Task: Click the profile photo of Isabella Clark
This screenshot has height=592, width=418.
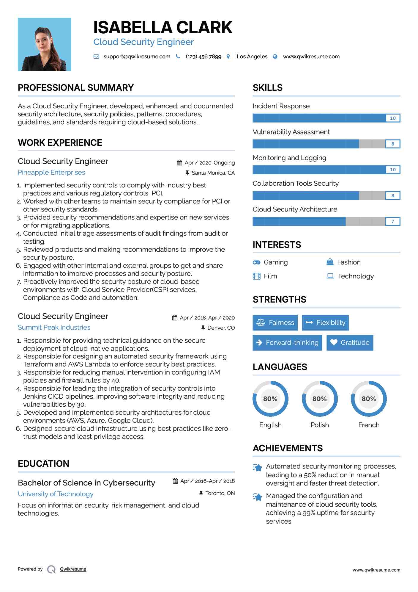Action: pyautogui.click(x=45, y=44)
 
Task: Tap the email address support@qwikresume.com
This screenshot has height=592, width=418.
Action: pyautogui.click(x=137, y=57)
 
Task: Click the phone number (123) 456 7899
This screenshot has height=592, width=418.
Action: pyautogui.click(x=203, y=57)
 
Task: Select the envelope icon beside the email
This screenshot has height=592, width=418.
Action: pyautogui.click(x=96, y=57)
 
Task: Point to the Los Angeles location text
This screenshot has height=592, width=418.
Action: pyautogui.click(x=252, y=57)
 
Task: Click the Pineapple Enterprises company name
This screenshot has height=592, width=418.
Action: pyautogui.click(x=51, y=173)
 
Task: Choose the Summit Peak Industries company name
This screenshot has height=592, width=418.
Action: pyautogui.click(x=54, y=328)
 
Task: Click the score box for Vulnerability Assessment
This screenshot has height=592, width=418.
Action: pyautogui.click(x=392, y=144)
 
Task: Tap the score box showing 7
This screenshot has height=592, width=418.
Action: pyautogui.click(x=392, y=221)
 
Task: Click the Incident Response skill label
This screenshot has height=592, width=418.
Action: pyautogui.click(x=281, y=106)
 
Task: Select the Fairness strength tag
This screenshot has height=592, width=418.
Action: pyautogui.click(x=275, y=323)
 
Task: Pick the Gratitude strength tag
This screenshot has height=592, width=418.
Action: pyautogui.click(x=350, y=343)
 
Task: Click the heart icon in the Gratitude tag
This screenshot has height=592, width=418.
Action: pyautogui.click(x=334, y=342)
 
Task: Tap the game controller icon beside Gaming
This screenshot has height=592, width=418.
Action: pyautogui.click(x=256, y=262)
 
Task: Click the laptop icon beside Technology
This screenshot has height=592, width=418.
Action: pyautogui.click(x=330, y=276)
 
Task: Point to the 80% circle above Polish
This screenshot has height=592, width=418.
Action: pyautogui.click(x=320, y=399)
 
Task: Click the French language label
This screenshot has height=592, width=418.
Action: pyautogui.click(x=369, y=425)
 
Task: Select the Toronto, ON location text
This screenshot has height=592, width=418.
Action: pyautogui.click(x=220, y=493)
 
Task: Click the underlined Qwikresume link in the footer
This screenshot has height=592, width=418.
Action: pyautogui.click(x=73, y=569)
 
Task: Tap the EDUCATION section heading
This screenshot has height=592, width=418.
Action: pyautogui.click(x=44, y=464)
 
